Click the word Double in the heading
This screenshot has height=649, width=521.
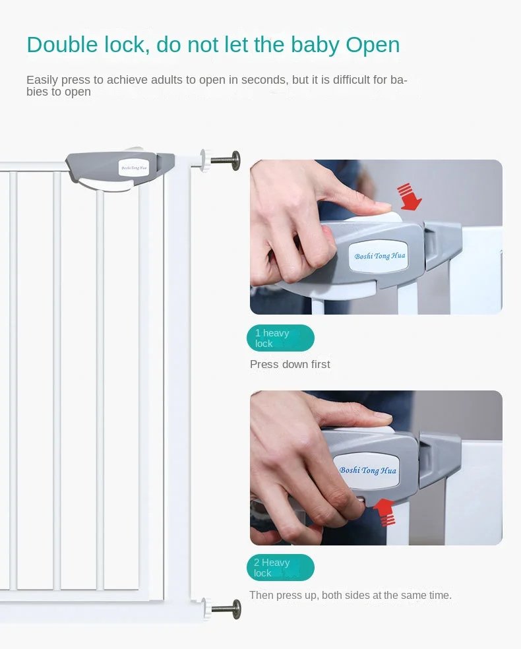[62, 44]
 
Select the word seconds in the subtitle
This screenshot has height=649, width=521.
[264, 79]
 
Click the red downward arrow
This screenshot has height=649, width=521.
[409, 196]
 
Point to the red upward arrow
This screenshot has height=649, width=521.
[385, 512]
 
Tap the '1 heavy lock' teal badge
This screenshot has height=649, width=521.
[280, 338]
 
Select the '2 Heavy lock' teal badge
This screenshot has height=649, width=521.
[280, 567]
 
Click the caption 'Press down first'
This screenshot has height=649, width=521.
[290, 364]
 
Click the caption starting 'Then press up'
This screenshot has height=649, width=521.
[350, 595]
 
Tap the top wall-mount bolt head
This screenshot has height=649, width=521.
[236, 160]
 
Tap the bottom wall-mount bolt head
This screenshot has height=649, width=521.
[236, 609]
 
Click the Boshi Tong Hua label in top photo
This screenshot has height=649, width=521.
[379, 256]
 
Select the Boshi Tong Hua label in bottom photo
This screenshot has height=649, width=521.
[367, 470]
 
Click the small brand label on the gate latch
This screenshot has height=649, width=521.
[133, 168]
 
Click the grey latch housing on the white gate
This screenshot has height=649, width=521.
[119, 170]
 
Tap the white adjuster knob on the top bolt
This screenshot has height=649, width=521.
[205, 160]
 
